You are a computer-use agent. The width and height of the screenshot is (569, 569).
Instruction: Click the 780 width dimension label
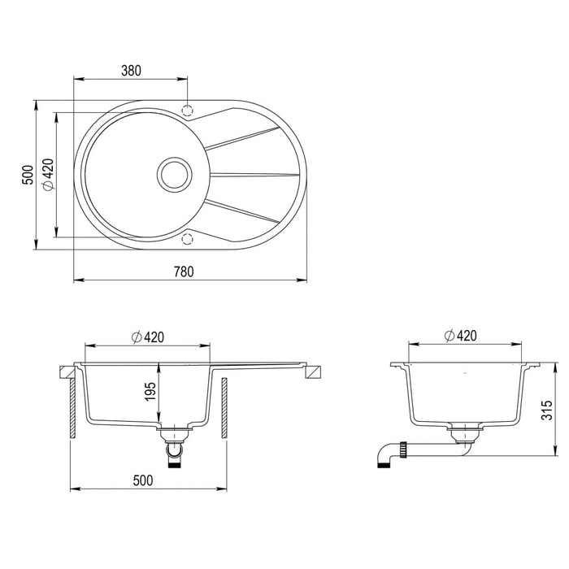[x=184, y=272]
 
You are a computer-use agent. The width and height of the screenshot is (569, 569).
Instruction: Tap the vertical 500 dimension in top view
[x=26, y=175]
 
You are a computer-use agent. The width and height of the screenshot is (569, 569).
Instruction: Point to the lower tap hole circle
[x=188, y=237]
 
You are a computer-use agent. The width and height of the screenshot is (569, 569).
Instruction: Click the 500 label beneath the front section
[x=143, y=480]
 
